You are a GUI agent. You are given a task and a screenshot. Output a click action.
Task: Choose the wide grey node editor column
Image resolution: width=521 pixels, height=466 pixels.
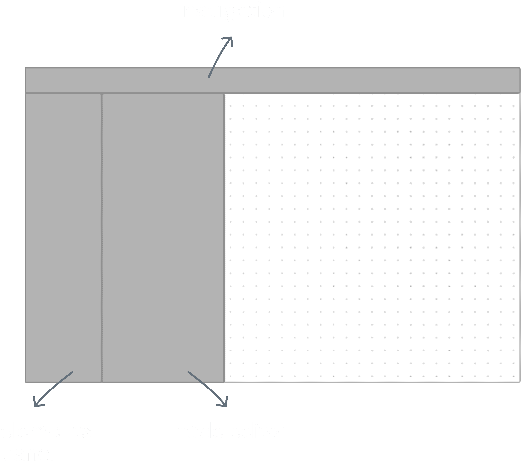point(163,231)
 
